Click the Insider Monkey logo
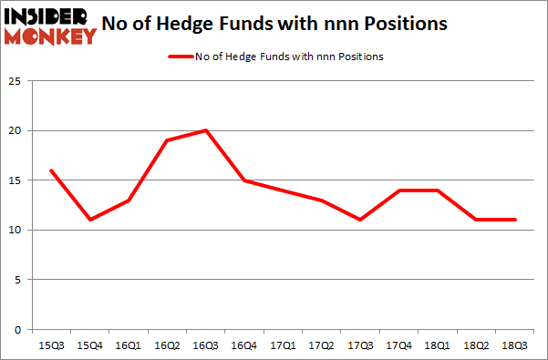pyautogui.click(x=50, y=25)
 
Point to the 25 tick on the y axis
pyautogui.click(x=16, y=82)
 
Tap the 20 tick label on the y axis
pyautogui.click(x=16, y=131)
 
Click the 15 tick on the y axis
pyautogui.click(x=16, y=180)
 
